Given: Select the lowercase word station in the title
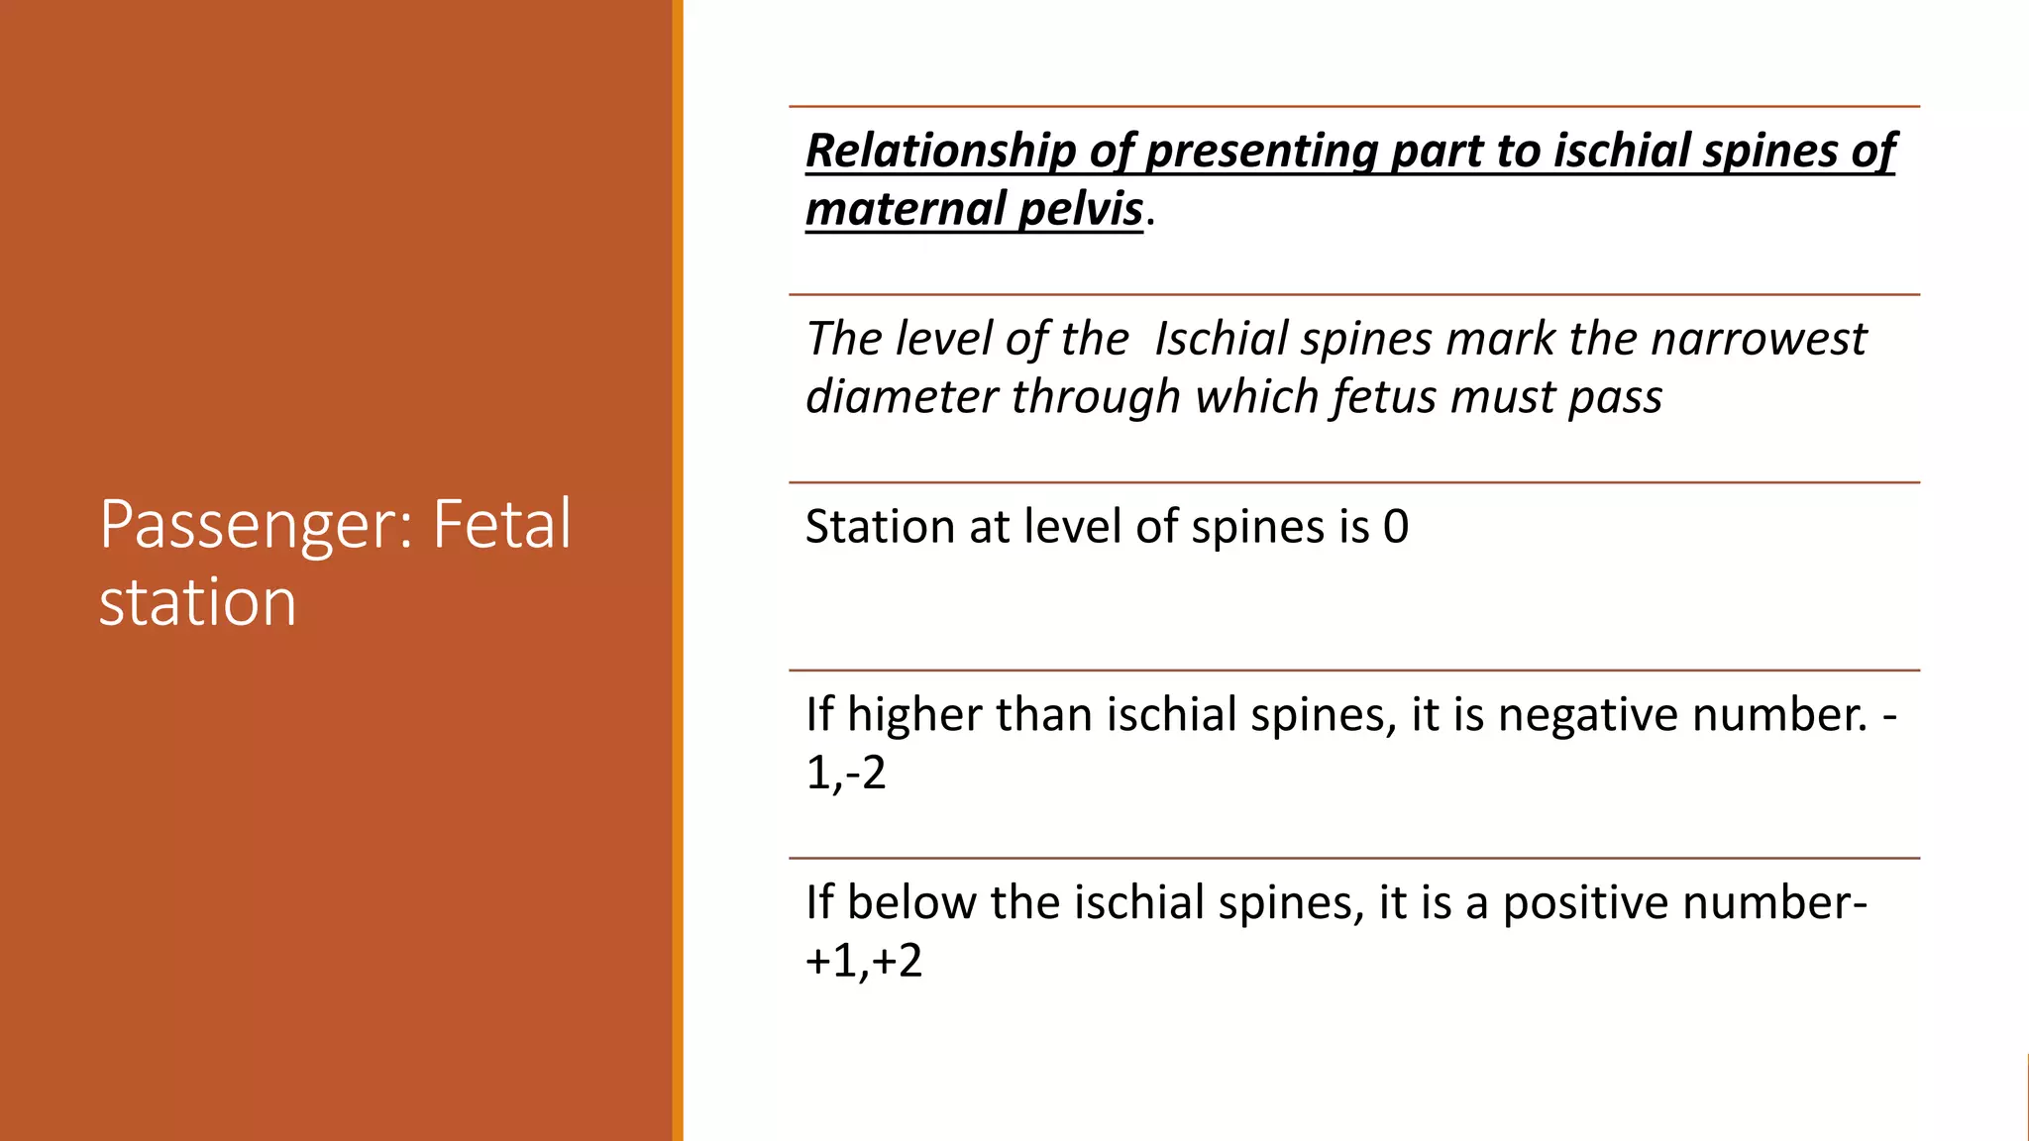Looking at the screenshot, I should pos(198,602).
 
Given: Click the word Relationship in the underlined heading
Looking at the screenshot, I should pos(940,151).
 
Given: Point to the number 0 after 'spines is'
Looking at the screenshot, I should pos(1396,526).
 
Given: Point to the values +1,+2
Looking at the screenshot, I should pos(864,961).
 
